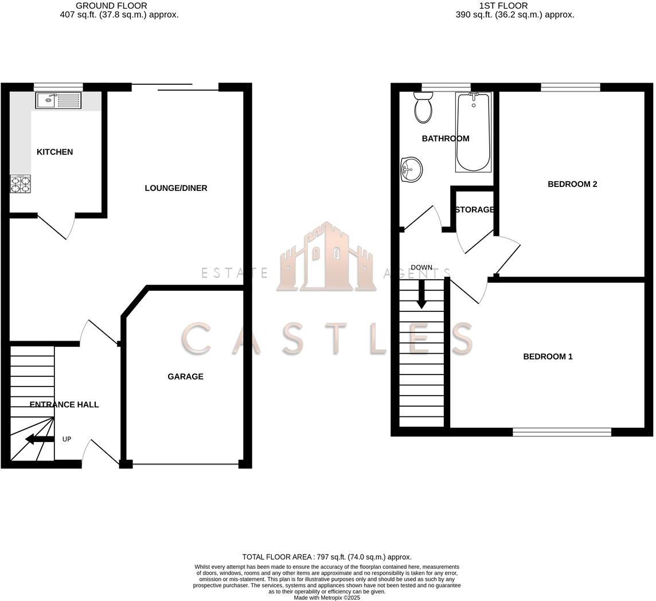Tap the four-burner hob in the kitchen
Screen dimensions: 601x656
[20, 184]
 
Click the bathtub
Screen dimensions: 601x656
[473, 132]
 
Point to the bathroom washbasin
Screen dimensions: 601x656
[411, 169]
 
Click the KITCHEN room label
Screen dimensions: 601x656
[54, 152]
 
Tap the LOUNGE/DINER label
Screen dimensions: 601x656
[175, 188]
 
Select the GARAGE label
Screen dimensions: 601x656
[185, 377]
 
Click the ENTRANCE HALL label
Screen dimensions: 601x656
[64, 404]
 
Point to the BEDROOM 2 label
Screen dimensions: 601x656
[572, 184]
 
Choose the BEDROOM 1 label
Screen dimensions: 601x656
[548, 357]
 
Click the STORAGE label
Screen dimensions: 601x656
[474, 210]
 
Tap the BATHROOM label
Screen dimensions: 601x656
[446, 139]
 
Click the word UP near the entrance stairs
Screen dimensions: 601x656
[67, 439]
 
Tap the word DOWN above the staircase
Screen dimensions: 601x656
[421, 268]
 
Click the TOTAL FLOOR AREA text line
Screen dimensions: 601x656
[327, 557]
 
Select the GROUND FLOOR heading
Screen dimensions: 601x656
[111, 6]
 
